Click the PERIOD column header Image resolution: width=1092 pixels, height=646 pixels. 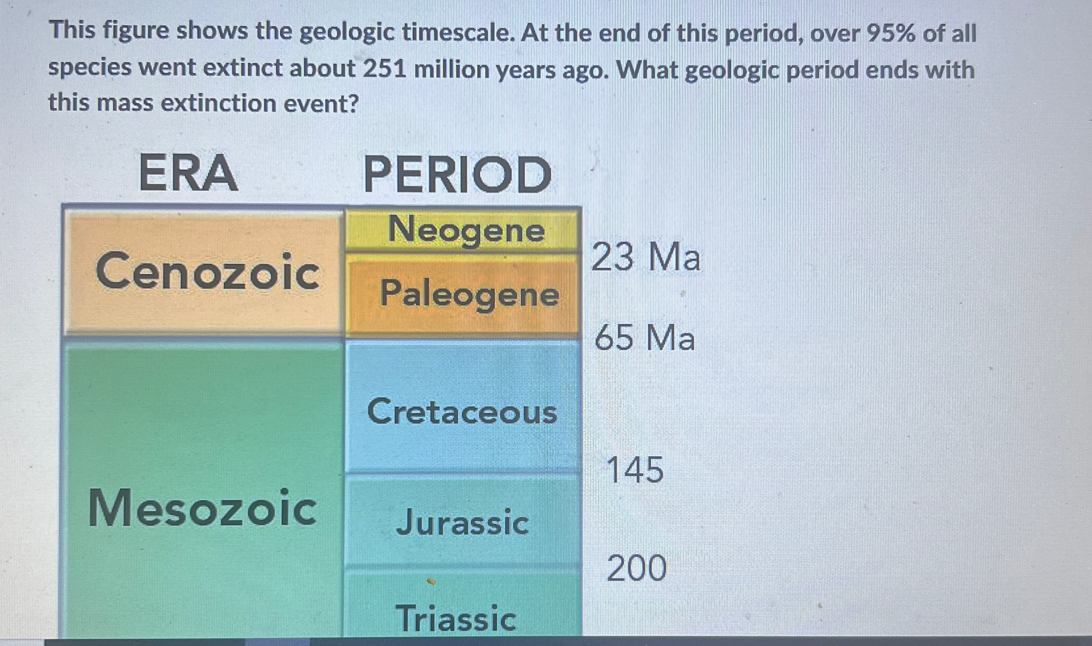pos(457,174)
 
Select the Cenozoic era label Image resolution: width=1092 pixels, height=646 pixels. pos(207,270)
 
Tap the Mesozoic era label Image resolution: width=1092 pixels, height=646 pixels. pos(203,508)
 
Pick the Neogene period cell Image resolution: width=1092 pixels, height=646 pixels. pos(462,229)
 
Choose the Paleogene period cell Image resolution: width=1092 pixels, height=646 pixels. pos(462,294)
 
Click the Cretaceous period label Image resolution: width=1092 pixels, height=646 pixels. pos(462,411)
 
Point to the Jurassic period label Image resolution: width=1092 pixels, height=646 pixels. pos(462,522)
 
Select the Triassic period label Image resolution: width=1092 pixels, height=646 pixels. pos(456,618)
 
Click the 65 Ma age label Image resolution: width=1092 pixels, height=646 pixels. pos(645,338)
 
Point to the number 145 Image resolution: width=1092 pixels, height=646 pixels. pos(635,470)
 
